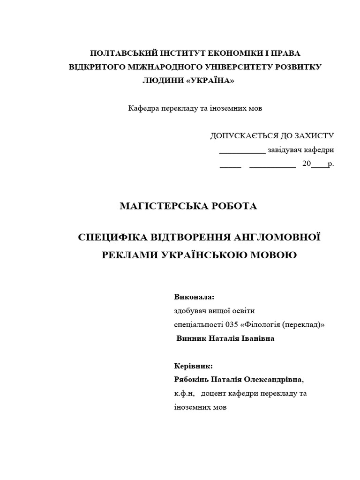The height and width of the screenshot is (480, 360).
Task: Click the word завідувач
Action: click(x=285, y=150)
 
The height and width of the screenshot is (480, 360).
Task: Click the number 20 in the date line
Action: click(x=307, y=164)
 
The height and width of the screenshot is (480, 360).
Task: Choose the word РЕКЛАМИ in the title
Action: click(x=130, y=255)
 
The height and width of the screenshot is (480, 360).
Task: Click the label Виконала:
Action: click(x=194, y=297)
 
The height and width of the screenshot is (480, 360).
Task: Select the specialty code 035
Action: click(x=231, y=324)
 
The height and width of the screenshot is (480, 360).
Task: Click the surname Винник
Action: click(x=191, y=338)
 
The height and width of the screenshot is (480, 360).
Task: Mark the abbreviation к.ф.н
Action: click(x=182, y=393)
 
